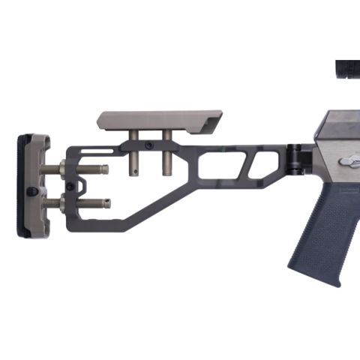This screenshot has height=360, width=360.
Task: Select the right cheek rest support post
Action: click(166, 154)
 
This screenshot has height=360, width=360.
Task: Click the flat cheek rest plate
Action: click(157, 119)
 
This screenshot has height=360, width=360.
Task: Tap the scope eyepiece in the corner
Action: click(346, 68)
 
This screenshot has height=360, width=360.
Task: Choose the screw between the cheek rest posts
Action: click(150, 145)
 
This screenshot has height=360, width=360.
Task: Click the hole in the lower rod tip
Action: click(106, 202)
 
